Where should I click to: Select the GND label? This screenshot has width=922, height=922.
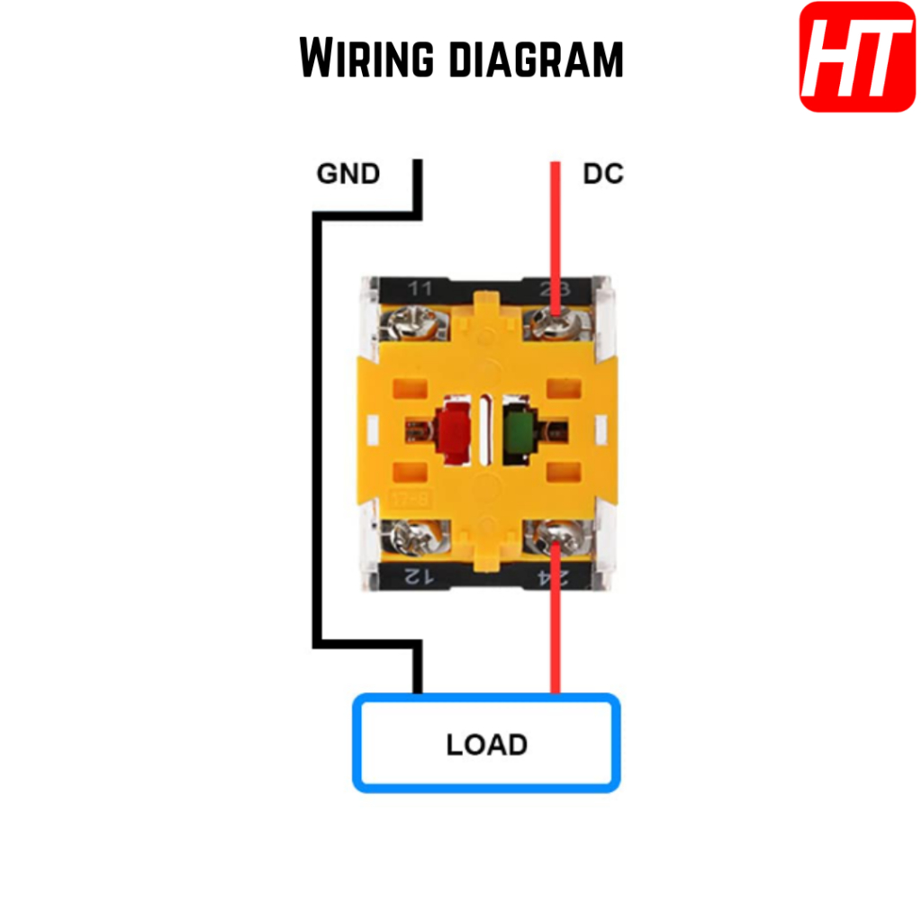point(348,173)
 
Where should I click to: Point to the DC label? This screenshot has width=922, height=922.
point(603,173)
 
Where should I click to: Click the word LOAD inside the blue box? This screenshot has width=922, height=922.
point(486,745)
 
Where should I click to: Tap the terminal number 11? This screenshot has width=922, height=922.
point(420,289)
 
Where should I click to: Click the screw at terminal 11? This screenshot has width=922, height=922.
point(418,321)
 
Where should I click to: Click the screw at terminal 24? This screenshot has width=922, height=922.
point(553,542)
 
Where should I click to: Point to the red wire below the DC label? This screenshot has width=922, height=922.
point(556,225)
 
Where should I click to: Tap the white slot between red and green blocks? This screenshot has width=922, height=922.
point(486,430)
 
